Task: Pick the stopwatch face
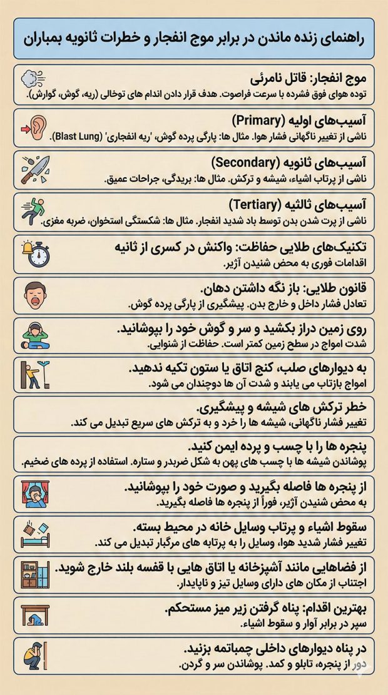39,255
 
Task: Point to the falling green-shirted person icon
34,211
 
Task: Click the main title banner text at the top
194,39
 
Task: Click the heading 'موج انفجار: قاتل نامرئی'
310,79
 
